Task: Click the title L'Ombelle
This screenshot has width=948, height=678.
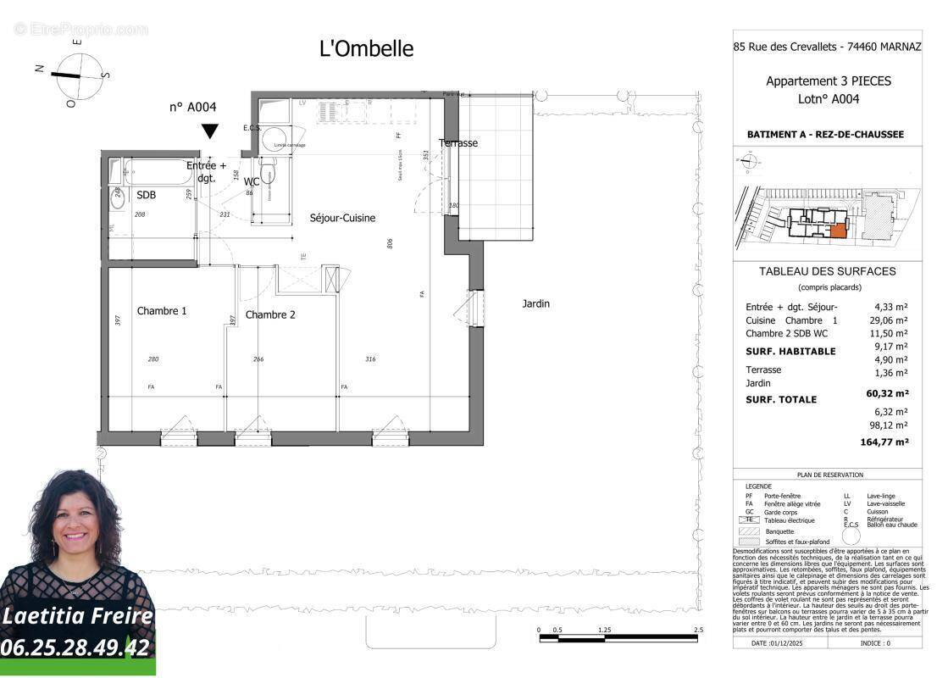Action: pos(366,49)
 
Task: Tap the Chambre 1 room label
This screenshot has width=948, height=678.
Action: pos(162,311)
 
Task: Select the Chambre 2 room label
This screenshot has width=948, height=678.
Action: pos(270,314)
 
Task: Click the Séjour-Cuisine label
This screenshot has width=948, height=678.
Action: pos(342,218)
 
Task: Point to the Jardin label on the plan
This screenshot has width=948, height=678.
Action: pos(535,303)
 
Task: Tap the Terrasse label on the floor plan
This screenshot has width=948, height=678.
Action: pos(458,143)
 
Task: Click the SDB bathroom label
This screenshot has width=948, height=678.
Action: pos(147,195)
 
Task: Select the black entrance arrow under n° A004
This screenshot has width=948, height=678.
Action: pos(209,131)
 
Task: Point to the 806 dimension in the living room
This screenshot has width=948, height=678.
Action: pos(390,242)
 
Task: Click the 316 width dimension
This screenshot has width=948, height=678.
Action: pos(369,359)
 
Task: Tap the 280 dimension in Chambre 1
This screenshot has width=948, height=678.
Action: pos(153,359)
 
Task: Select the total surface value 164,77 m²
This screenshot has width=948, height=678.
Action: pos(883,442)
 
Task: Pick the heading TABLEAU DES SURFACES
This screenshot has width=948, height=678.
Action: pos(827,272)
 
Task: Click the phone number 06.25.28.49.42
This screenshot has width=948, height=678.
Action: pos(76,648)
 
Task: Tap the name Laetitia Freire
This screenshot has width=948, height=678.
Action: pos(77,616)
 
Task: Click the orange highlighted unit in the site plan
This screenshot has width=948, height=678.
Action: pos(837,230)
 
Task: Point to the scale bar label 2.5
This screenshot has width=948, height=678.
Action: pos(697,631)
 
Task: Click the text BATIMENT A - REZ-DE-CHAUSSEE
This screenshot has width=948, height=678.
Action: pos(825,135)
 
